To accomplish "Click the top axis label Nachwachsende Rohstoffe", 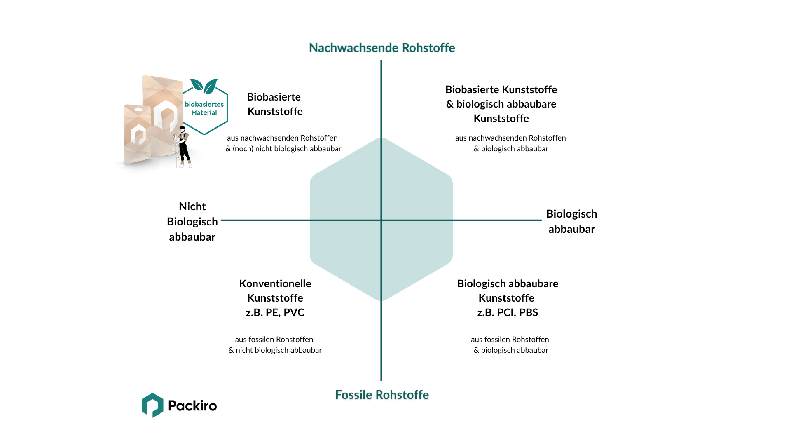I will coord(382,48).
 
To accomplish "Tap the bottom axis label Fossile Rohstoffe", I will coord(382,395).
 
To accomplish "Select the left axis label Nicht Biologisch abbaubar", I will coord(192,221).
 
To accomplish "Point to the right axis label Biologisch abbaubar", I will coord(571,221).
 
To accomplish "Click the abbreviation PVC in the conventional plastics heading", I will coord(294,312).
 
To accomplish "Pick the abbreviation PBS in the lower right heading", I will coord(529,312).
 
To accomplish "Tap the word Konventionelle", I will coord(275,283).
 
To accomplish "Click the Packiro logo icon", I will coord(152,405).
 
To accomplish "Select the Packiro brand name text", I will coord(192,406).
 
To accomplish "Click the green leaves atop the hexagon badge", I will coord(204,86).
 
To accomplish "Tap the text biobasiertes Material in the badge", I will coord(204,108).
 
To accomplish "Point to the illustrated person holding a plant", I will coord(183,146).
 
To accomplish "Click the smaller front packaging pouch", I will coord(138,134).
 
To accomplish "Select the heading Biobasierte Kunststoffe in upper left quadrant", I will coord(275,104).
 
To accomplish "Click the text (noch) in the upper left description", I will coord(243,149).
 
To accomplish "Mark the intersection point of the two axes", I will coord(381,220).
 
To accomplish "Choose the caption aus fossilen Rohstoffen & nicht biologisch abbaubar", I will coord(275,345).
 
